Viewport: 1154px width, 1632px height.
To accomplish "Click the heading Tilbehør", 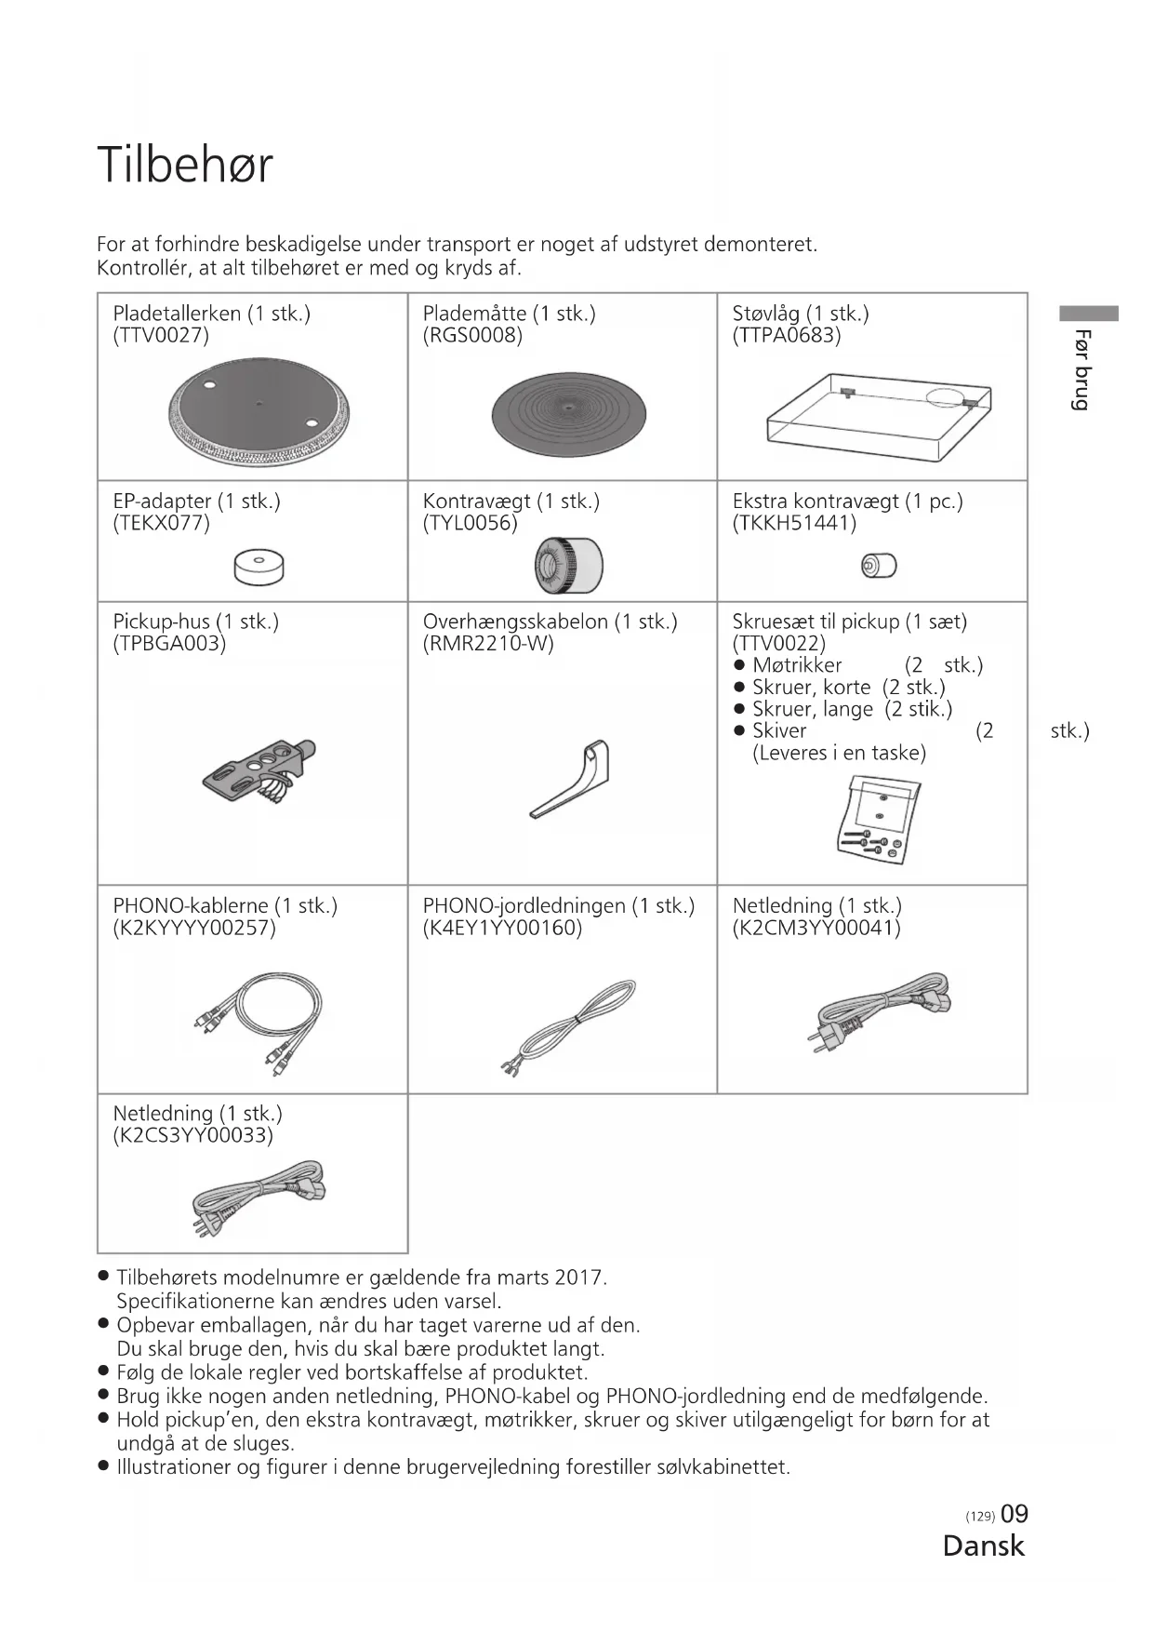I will [x=185, y=166].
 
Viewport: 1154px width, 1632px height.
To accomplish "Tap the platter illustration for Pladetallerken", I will [x=259, y=413].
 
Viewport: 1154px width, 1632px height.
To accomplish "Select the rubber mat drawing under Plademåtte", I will [x=568, y=415].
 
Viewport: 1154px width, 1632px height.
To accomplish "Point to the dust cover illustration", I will [x=878, y=418].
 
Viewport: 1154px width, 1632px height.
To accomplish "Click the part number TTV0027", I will [x=161, y=336].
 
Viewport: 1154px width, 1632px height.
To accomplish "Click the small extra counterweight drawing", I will [x=879, y=565].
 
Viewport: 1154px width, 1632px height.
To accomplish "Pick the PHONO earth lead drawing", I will [x=568, y=1026].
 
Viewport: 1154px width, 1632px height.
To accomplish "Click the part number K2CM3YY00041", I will [x=816, y=928].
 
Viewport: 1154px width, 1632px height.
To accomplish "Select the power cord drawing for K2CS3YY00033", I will [x=259, y=1197].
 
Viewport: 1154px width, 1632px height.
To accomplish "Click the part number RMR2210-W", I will [x=487, y=644].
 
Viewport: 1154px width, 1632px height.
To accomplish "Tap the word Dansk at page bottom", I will [x=983, y=1546].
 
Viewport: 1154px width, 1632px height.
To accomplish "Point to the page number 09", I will [x=1015, y=1515].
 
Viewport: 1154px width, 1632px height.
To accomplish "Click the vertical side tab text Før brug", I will [x=1081, y=369].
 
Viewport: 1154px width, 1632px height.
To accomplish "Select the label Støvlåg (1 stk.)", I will [x=800, y=314].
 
